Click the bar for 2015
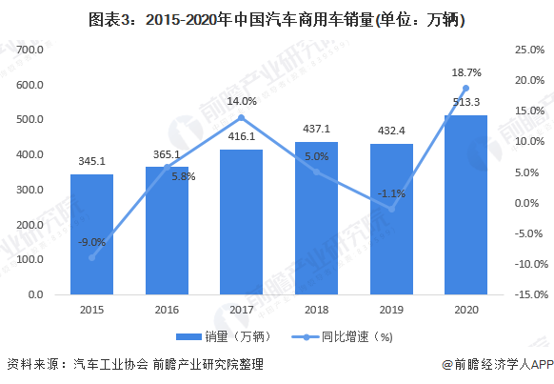(91, 234)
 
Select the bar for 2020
(465, 205)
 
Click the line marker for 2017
(241, 117)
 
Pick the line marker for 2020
(465, 88)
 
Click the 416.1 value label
(241, 137)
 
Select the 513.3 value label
(465, 103)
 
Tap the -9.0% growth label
(91, 242)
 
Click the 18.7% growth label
(465, 71)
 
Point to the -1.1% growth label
(390, 193)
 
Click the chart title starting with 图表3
(277, 18)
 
